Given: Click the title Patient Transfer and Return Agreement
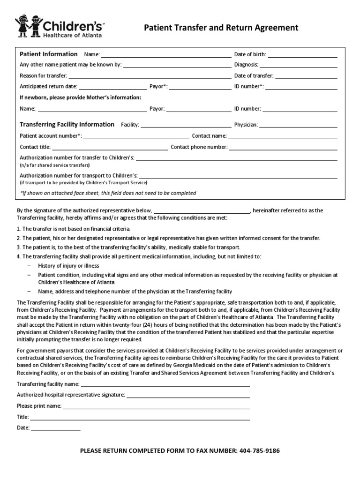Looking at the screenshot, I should [221, 28].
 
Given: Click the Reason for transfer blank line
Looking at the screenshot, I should [150, 77].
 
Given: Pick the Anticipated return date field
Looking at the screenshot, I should [113, 88].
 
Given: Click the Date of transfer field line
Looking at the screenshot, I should [307, 77].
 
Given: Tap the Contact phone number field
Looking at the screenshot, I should [283, 149].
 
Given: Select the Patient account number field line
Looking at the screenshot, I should [136, 137].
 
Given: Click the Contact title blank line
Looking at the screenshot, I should [110, 149].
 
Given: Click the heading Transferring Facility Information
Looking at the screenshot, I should [67, 125].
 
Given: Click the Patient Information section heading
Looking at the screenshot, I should [48, 54].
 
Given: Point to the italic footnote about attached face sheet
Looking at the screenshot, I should [108, 193].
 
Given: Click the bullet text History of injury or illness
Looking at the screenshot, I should [68, 266].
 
